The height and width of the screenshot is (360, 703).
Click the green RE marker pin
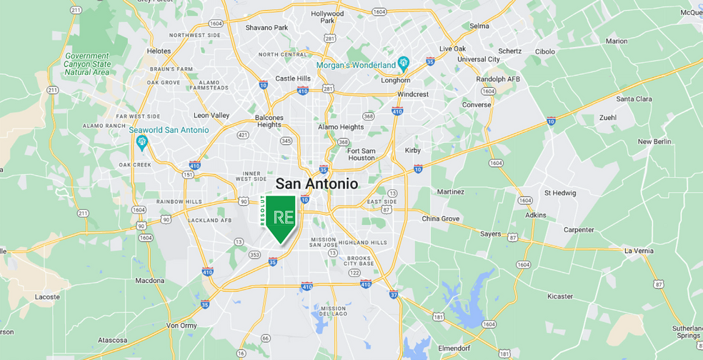click(x=284, y=216)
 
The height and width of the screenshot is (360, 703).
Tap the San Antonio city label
click(x=316, y=184)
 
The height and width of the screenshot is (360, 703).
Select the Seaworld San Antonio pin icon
click(x=141, y=142)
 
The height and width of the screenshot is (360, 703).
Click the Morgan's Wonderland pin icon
click(x=403, y=64)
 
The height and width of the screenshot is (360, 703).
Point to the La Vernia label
click(x=639, y=251)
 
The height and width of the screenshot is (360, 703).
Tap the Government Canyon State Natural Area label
click(x=86, y=64)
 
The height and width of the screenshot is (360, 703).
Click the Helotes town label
click(x=159, y=51)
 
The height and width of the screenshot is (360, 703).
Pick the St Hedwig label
click(x=559, y=193)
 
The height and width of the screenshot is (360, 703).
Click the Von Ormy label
click(x=181, y=325)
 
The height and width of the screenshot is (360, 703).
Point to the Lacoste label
click(x=47, y=296)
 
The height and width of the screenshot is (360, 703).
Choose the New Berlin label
click(x=654, y=141)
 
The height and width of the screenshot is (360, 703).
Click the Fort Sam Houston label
click(x=362, y=154)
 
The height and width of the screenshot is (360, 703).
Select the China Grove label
click(x=440, y=219)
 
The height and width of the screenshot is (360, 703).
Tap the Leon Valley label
click(x=211, y=115)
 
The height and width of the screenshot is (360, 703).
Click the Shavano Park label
click(x=266, y=28)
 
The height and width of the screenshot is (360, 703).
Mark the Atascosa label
click(x=113, y=340)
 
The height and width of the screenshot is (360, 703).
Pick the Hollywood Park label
click(x=327, y=17)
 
